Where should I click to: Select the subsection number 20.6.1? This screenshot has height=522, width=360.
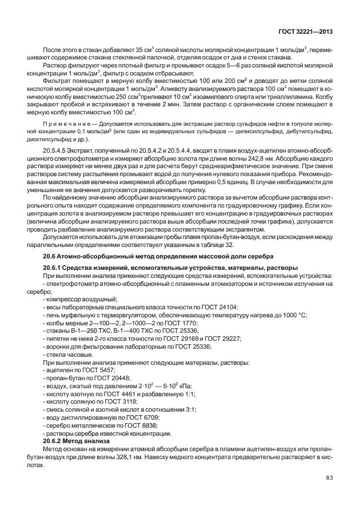click(54, 267)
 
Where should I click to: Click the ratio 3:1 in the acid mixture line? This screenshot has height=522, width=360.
click(173, 410)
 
